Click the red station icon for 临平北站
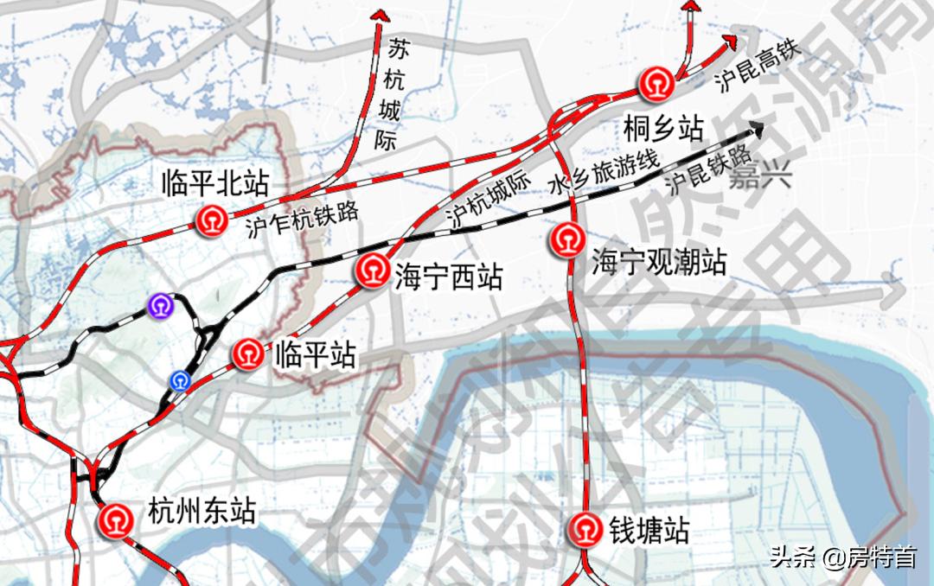(x=210, y=220)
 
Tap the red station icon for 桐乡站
(x=656, y=85)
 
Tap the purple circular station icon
(x=160, y=304)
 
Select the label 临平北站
(x=215, y=184)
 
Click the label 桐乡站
(x=663, y=131)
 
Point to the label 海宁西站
(x=448, y=277)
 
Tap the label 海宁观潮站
(x=659, y=261)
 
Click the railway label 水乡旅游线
(x=604, y=172)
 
